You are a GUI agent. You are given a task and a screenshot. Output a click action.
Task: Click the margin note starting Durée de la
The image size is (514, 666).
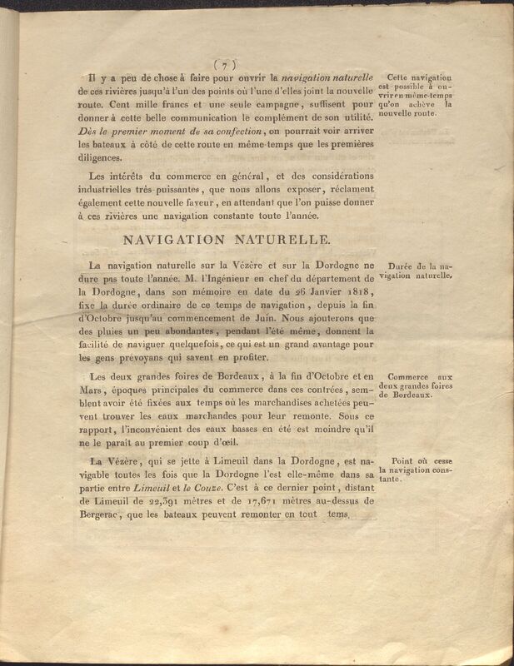tap(414, 268)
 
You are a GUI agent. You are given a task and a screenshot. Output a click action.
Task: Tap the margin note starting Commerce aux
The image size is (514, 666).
tap(414, 386)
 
